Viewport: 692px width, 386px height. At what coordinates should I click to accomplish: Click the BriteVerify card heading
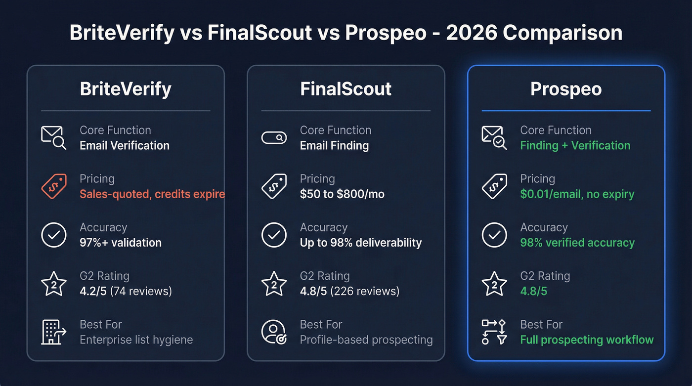coord(126,89)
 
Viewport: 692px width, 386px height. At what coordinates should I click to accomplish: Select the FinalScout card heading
coord(346,89)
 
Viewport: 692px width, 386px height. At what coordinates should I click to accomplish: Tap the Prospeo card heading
coord(566,89)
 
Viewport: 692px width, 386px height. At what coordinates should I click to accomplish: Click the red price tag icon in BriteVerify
coord(53,186)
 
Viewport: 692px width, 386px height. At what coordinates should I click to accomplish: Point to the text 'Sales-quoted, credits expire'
coord(152,194)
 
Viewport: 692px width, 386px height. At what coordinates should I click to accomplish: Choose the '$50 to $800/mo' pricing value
coord(342,194)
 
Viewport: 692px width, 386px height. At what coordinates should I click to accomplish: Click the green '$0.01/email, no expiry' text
coord(577,194)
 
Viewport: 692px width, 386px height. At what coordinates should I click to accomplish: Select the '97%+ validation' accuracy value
coord(121,243)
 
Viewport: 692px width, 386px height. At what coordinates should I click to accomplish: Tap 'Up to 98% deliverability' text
coord(361,243)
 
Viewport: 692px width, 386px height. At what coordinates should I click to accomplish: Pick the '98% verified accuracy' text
coord(577,243)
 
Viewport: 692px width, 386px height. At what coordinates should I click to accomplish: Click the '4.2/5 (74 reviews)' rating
coord(126,291)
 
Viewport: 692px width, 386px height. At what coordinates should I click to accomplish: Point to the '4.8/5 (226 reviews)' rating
coord(349,291)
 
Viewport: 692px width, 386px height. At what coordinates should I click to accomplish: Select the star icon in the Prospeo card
coord(494,284)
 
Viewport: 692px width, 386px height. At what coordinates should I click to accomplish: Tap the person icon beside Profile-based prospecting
coord(274,332)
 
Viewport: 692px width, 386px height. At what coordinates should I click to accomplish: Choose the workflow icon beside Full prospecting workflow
coord(494,332)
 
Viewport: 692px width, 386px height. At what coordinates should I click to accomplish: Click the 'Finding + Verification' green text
coord(575,146)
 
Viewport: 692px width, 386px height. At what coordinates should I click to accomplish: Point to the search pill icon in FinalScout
coord(274,138)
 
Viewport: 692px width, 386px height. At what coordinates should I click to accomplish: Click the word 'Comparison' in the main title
coord(562,33)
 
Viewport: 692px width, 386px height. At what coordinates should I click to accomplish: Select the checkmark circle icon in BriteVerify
coord(53,235)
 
